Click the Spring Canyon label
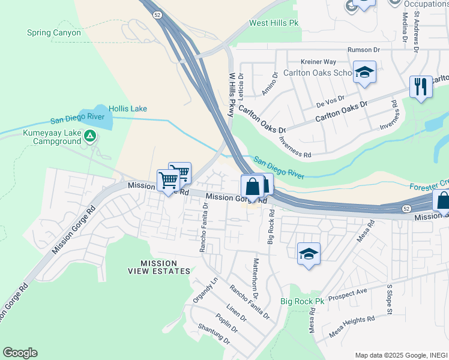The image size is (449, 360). tap(53, 32)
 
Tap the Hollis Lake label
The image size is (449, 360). tap(127, 109)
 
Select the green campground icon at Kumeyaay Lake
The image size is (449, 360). tap(89, 137)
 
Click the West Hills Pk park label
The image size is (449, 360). tap(274, 23)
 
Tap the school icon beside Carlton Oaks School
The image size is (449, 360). tap(364, 73)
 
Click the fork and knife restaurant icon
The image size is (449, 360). tap(420, 87)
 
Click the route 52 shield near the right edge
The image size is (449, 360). tap(406, 208)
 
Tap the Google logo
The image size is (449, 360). tap(20, 353)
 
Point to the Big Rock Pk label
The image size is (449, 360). tap(302, 301)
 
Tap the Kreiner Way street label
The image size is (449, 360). tap(318, 61)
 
